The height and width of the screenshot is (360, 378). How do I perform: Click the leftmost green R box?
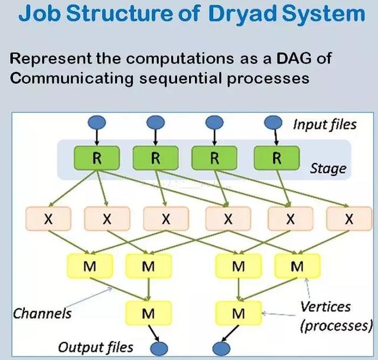click(97, 158)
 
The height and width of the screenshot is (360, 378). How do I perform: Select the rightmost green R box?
click(277, 158)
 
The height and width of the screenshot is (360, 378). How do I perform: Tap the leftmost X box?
click(48, 218)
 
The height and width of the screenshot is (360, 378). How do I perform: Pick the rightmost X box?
click(349, 218)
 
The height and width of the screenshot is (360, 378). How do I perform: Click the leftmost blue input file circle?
click(97, 122)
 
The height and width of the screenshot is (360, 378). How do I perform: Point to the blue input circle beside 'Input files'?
click(273, 122)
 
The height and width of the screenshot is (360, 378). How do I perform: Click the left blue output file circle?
click(159, 348)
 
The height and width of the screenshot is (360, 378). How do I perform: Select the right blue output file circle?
click(221, 348)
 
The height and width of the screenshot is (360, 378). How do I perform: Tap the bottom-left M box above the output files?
click(148, 313)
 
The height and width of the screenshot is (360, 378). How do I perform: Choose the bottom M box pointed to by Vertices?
click(239, 313)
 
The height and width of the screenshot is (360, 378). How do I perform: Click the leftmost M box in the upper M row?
click(90, 266)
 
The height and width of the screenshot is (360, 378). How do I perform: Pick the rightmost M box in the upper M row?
click(298, 266)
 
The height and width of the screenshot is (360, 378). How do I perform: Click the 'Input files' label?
click(325, 125)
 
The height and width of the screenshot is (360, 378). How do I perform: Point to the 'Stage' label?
click(328, 168)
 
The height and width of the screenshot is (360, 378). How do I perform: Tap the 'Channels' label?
click(42, 313)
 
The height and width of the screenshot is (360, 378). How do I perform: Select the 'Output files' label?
click(96, 348)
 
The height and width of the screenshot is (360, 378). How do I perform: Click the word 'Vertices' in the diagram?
click(325, 307)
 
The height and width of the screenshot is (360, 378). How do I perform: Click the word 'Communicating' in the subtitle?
click(72, 78)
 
